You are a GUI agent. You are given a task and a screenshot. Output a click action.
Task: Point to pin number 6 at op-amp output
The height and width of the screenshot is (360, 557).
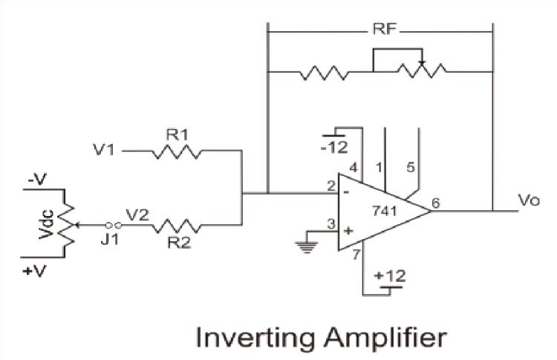coord(435,201)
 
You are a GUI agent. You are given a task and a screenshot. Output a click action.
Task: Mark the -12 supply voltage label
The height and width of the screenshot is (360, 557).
coord(334,147)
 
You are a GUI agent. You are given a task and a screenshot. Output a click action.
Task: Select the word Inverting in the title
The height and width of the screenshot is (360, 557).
coord(248,338)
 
